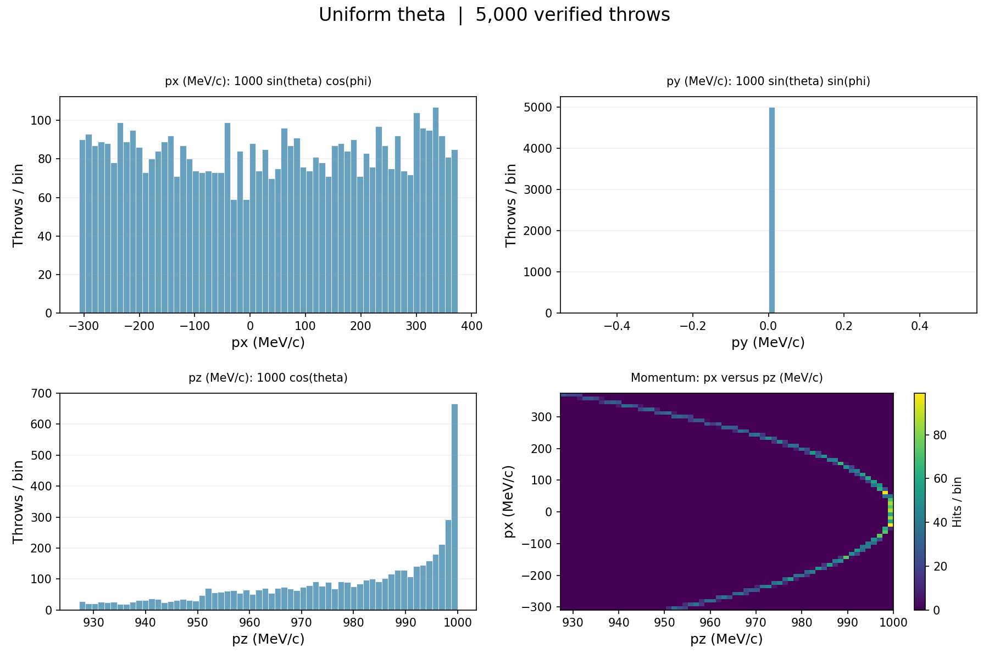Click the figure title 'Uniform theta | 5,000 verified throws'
[x=494, y=15]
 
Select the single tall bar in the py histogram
[x=771, y=210]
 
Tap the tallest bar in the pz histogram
[x=454, y=507]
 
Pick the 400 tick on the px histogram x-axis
[x=472, y=325]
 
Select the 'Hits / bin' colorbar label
[x=957, y=502]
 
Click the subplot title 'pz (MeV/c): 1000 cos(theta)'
[x=268, y=378]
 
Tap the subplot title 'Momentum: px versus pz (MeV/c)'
[x=726, y=378]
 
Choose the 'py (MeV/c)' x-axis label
[x=768, y=343]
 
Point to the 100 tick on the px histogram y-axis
[x=45, y=120]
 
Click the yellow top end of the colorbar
[x=920, y=395]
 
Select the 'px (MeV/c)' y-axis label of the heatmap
[x=510, y=501]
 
